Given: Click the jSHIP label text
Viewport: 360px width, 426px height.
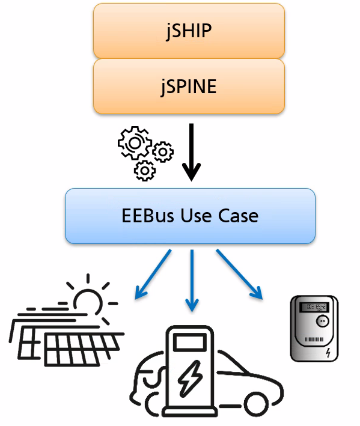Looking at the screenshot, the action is (x=189, y=31).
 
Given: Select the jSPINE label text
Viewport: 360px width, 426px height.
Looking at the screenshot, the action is (x=189, y=87).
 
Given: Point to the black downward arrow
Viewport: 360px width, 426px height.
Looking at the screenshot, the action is (x=191, y=152).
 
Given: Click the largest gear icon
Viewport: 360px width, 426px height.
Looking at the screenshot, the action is (x=135, y=143).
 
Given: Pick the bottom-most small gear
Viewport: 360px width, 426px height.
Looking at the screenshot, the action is (x=145, y=171).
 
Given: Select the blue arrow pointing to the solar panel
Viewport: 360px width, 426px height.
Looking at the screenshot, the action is (x=153, y=275).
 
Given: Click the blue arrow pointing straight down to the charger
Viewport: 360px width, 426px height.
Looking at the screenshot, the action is (x=192, y=281).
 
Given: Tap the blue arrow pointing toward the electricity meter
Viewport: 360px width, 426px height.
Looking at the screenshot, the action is (x=239, y=275).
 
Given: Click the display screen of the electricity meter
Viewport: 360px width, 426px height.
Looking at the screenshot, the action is (x=314, y=307).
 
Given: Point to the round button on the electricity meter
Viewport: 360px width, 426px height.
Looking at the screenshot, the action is (x=322, y=321).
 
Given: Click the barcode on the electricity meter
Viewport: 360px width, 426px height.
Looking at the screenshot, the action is (x=314, y=339).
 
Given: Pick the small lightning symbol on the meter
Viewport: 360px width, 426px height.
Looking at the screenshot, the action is (x=328, y=353).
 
